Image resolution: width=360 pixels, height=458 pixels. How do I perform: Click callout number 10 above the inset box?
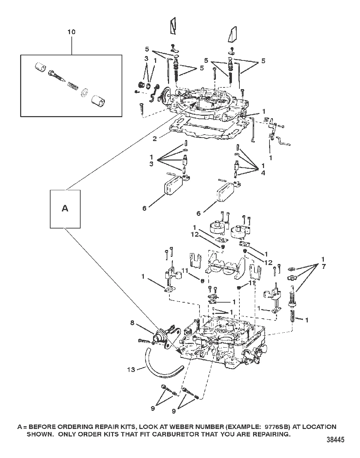(71, 32)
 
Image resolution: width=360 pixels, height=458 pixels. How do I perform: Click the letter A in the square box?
(65, 208)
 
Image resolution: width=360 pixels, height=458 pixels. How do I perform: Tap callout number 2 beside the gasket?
(155, 139)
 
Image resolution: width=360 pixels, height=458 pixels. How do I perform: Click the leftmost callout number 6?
(144, 208)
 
